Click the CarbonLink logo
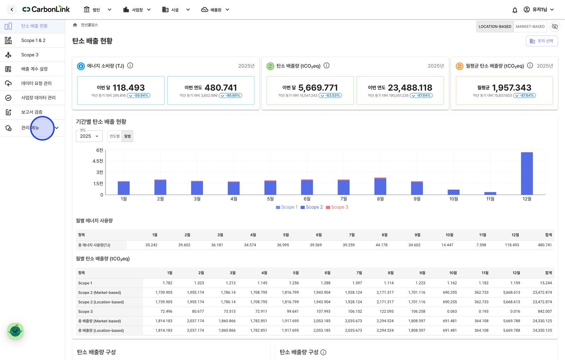[46, 9]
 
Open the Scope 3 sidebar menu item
[30, 55]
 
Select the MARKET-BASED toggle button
[530, 26]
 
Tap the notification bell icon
[515, 10]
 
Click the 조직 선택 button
[542, 41]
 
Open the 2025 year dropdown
[89, 136]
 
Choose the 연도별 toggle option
[114, 136]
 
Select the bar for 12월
[527, 173]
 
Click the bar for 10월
[453, 192]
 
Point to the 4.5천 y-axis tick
[97, 161]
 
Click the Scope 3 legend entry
[337, 207]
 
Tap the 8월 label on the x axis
[380, 199]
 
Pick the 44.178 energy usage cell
[381, 245]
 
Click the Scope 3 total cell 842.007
[545, 311]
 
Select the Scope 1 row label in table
[85, 283]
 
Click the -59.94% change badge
[138, 95]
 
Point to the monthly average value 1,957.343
[512, 88]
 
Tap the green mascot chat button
[16, 331]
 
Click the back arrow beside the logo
[12, 10]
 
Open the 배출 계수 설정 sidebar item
[34, 69]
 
